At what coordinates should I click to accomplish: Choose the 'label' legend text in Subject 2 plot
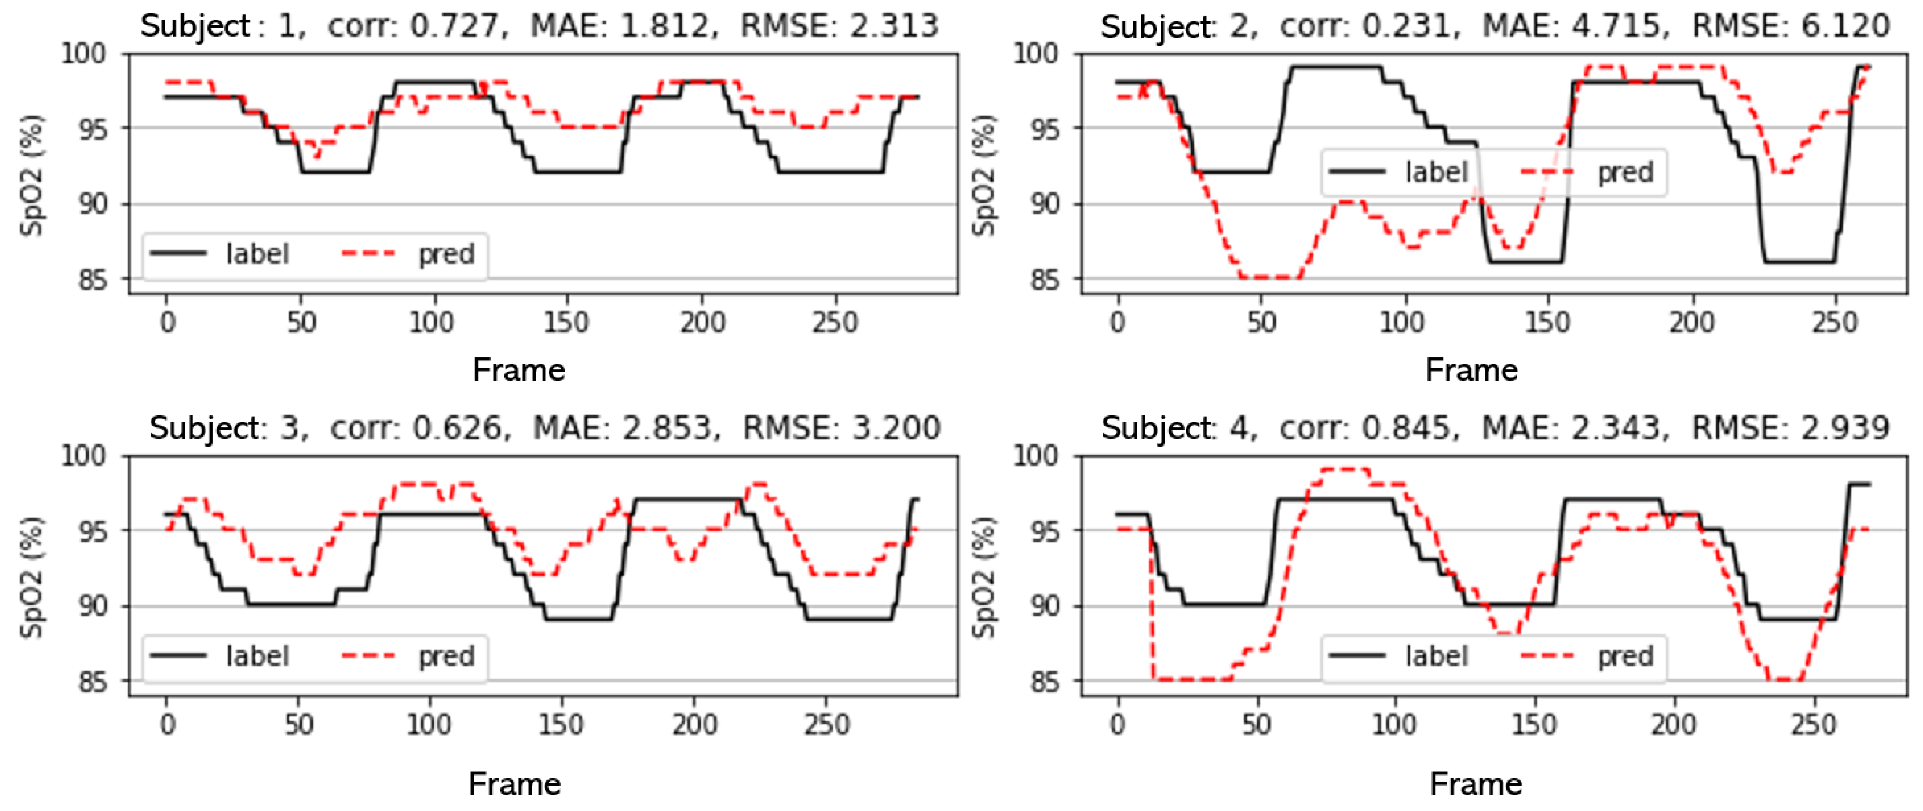coord(1436,172)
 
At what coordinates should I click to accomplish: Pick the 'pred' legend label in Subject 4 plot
coord(1625,656)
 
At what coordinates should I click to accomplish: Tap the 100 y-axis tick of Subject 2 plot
coord(1035,54)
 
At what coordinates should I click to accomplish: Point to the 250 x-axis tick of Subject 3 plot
coord(827,724)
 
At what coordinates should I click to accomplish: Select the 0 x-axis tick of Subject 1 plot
coord(168,322)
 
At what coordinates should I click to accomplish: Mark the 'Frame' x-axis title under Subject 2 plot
coord(1472,370)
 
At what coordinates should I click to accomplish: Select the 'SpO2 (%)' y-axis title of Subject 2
coord(984,176)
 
